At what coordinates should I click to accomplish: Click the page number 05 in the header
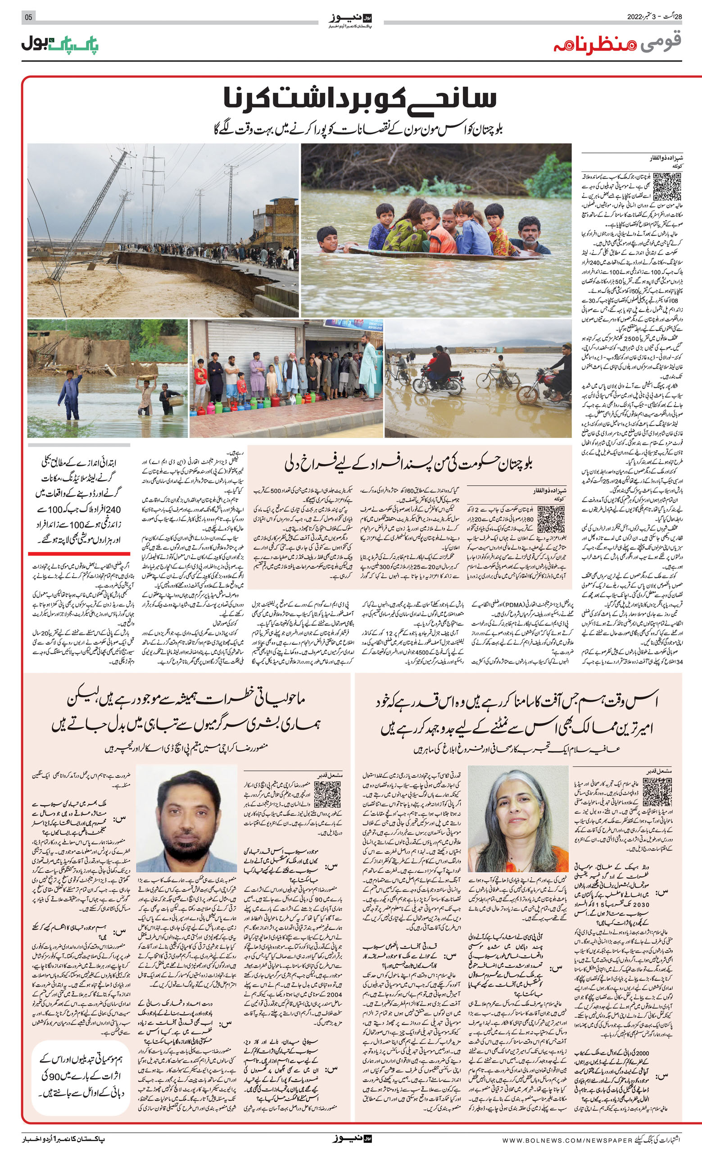coord(28,17)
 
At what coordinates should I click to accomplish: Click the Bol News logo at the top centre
coord(350,21)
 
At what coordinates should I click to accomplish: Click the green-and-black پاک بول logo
coord(60,44)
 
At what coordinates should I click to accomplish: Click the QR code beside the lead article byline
coord(666,187)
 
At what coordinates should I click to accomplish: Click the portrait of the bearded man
coord(186,817)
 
